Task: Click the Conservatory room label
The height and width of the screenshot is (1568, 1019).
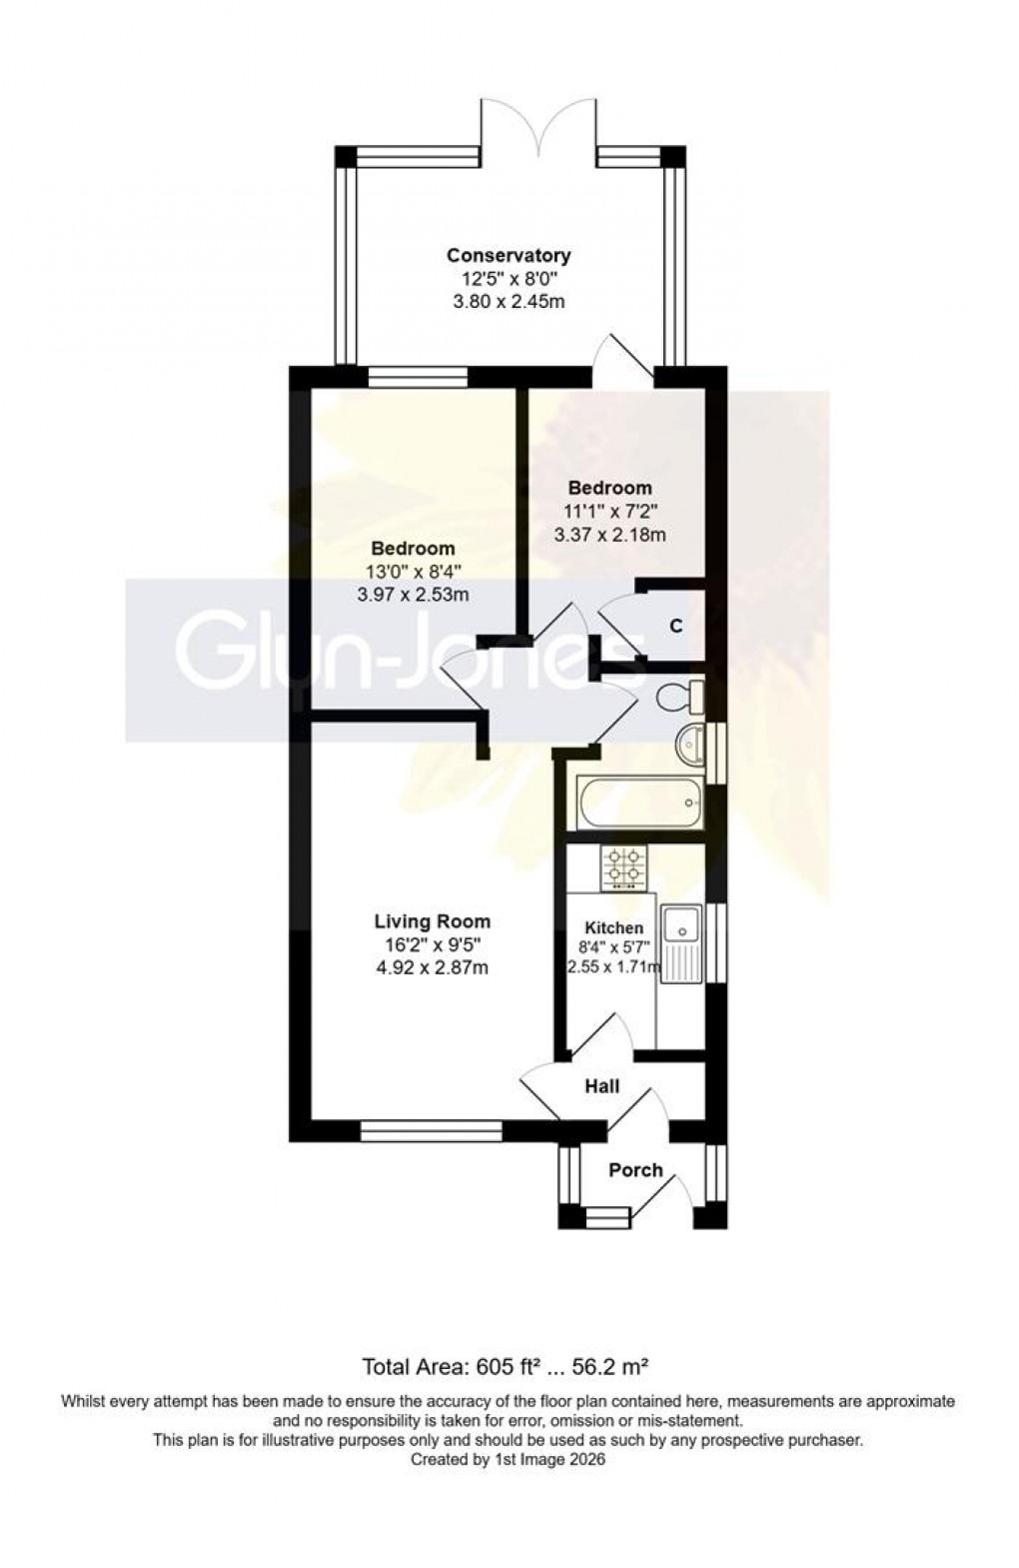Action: coord(509,256)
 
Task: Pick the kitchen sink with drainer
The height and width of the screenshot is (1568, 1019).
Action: coord(684,943)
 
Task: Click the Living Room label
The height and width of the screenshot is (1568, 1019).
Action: coord(432,921)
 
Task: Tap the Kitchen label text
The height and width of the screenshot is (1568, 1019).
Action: coord(613,928)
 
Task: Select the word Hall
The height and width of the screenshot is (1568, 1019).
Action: coord(602,1086)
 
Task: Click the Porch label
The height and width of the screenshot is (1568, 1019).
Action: coord(635,1170)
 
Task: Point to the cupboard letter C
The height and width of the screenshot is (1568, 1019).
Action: coord(676,627)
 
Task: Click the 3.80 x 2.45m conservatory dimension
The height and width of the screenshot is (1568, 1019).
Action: coord(509,301)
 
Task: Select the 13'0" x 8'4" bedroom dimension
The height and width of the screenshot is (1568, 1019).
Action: coord(413,572)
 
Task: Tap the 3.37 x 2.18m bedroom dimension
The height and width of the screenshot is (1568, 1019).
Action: coord(609,535)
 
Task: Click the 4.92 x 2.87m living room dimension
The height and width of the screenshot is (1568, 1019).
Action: coord(432,967)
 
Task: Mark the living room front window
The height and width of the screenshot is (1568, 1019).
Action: coord(431,1130)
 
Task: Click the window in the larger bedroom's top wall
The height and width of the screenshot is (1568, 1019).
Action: coord(418,377)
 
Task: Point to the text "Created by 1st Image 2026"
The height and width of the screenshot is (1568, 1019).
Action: coord(509,1460)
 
